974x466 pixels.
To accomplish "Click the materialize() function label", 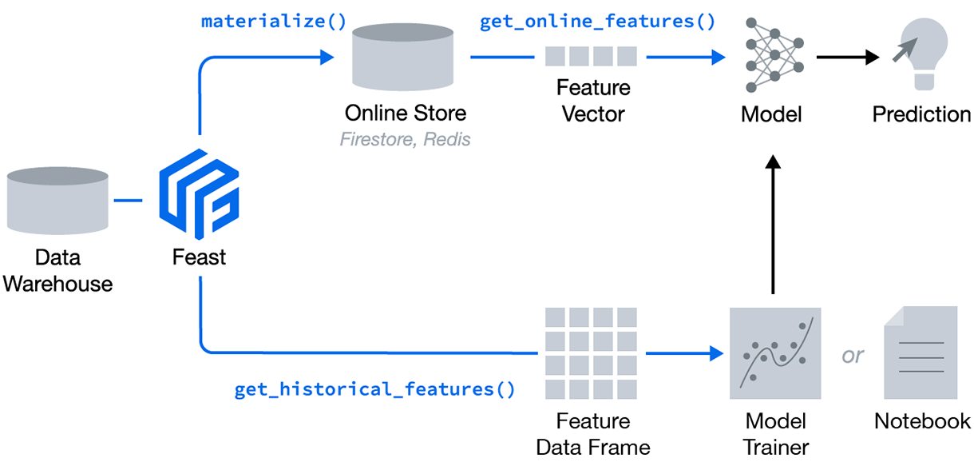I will click(274, 21).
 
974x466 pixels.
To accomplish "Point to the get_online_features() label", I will click(597, 21).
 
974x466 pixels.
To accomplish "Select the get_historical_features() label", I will click(374, 390).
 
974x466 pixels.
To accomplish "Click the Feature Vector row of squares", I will click(592, 56).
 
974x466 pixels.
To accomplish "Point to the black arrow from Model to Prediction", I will click(846, 57).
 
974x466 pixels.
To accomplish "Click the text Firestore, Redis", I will click(405, 139).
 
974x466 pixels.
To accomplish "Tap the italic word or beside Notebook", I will click(853, 354).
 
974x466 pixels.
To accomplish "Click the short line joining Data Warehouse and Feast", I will click(128, 199).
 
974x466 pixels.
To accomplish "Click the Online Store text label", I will click(405, 113).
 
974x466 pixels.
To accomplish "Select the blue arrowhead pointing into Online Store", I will click(326, 57).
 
